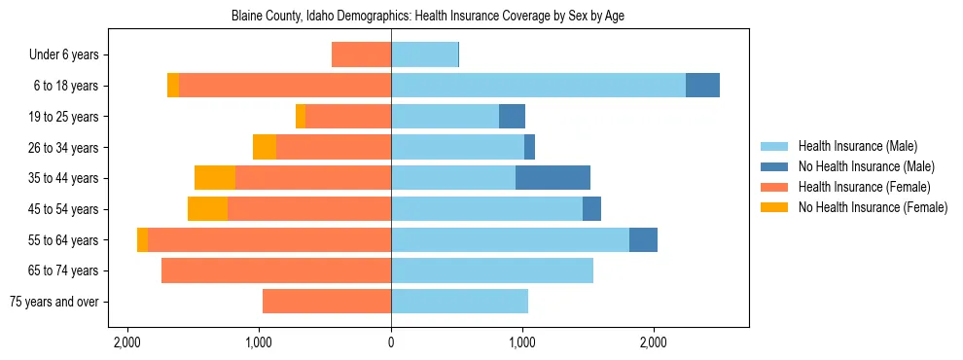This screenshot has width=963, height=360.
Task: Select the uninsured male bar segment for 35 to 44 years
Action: click(x=553, y=177)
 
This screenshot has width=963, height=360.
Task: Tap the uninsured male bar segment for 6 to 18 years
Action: click(x=702, y=86)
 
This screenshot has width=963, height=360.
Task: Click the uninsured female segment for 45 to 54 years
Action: click(x=207, y=208)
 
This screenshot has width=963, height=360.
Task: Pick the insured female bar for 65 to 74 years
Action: click(x=276, y=270)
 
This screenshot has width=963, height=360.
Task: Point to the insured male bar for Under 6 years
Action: click(x=424, y=54)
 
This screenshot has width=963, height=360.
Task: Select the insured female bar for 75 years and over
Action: click(x=327, y=302)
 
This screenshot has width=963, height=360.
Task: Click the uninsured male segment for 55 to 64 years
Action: click(x=643, y=239)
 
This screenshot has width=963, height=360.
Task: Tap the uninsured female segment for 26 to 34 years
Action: click(x=265, y=147)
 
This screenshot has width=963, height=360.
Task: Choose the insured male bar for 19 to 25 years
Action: click(x=445, y=117)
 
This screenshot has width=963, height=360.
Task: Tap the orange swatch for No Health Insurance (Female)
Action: click(x=775, y=207)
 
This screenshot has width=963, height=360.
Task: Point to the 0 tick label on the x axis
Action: click(x=391, y=342)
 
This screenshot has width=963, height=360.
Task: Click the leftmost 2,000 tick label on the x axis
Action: click(x=126, y=342)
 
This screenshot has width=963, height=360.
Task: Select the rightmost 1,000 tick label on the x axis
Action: click(x=522, y=342)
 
